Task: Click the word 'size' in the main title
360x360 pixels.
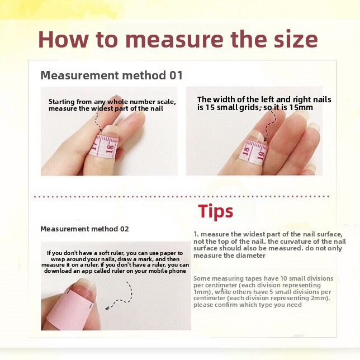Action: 296,39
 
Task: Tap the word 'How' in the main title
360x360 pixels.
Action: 63,39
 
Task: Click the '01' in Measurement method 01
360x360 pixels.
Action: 176,75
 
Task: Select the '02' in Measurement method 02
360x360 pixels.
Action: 124,229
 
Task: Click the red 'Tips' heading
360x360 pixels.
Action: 215,211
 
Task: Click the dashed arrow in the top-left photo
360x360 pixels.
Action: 98,122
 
